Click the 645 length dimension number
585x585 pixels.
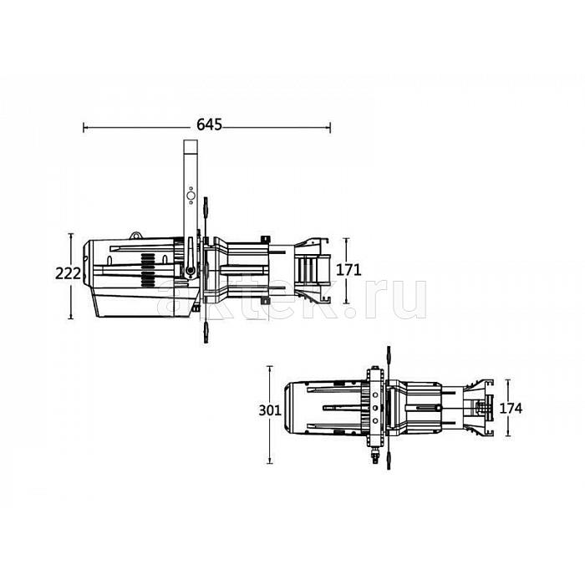pos(209,125)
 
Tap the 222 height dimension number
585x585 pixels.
pos(68,273)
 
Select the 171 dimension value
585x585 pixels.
pos(348,270)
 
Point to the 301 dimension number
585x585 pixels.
pos(270,410)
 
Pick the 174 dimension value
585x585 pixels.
pos(511,409)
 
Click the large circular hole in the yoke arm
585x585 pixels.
pos(191,196)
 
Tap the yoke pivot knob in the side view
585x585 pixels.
pos(191,270)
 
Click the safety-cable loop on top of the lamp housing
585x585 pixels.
pos(135,236)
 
